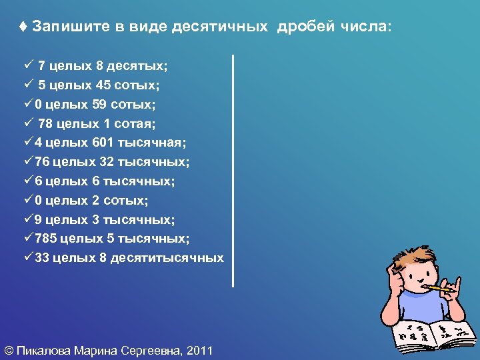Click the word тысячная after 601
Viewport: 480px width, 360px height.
152,143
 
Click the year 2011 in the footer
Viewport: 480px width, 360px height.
201,349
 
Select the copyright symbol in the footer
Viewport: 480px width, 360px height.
9,349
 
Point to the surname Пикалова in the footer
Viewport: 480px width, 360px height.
44,349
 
